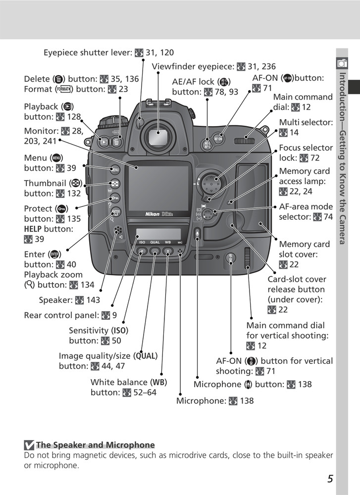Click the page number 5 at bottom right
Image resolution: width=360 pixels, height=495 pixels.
point(330,478)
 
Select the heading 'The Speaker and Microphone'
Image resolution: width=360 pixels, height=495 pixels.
point(95,445)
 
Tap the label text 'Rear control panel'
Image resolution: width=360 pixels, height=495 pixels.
point(62,315)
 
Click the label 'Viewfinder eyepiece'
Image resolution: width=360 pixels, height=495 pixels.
point(193,66)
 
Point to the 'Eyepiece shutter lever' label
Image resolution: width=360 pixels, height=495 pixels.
point(87,52)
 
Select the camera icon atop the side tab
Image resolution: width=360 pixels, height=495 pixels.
point(341,62)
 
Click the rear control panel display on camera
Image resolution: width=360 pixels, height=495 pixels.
point(158,233)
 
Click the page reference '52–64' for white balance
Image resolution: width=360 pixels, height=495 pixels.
point(145,393)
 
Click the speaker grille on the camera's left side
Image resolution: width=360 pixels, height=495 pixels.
point(117,231)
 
